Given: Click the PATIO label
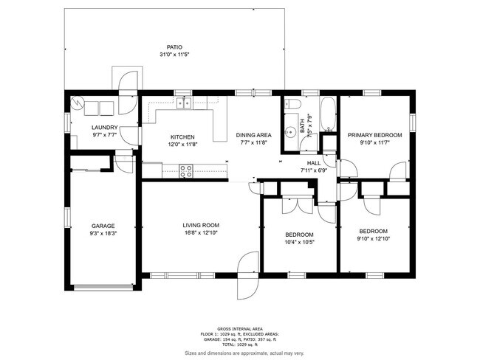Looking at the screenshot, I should (174, 46).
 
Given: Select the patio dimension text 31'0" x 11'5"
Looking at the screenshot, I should (174, 55).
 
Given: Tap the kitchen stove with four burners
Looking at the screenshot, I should (187, 170).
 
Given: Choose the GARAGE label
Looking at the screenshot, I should (103, 226).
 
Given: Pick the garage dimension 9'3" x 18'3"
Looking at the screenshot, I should (103, 234).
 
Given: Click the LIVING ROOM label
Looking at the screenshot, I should (201, 225).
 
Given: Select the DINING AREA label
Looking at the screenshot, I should (254, 135).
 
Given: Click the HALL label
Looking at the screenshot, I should (314, 163).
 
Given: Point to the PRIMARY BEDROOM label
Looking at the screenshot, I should (374, 135).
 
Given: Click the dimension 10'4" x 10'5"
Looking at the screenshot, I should (300, 241).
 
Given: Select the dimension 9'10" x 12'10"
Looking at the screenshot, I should (374, 238).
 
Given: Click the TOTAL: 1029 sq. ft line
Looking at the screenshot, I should (240, 345).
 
